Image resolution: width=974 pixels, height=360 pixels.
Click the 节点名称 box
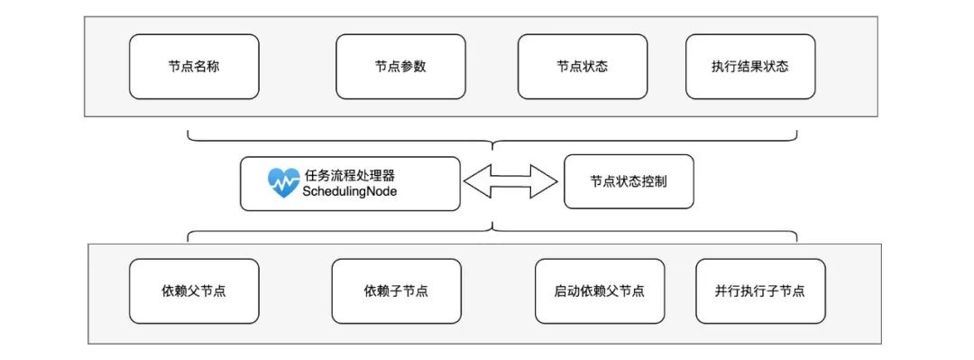tap(194, 67)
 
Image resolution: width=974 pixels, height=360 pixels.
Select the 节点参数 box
tap(400, 67)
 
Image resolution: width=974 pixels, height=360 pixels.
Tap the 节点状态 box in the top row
tap(582, 67)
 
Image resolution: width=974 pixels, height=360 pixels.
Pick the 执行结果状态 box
tap(750, 67)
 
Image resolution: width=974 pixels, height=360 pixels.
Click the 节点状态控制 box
tap(629, 180)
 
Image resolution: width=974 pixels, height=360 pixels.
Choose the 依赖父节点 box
tap(194, 291)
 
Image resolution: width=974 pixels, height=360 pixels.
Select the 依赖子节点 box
tap(396, 291)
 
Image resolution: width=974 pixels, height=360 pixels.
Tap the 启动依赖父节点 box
tap(599, 291)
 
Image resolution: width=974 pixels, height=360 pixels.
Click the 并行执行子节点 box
tap(759, 291)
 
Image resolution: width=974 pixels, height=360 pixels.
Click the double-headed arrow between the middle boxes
tap(510, 180)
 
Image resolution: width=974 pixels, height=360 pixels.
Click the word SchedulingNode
tap(350, 191)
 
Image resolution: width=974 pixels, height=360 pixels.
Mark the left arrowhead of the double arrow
tap(473, 180)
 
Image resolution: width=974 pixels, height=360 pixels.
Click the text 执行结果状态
tap(750, 67)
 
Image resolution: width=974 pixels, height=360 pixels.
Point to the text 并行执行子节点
tap(759, 291)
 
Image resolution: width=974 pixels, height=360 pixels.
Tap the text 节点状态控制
tap(629, 180)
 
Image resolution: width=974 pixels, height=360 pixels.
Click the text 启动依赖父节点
tap(599, 291)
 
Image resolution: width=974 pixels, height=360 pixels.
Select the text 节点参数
tap(400, 67)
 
